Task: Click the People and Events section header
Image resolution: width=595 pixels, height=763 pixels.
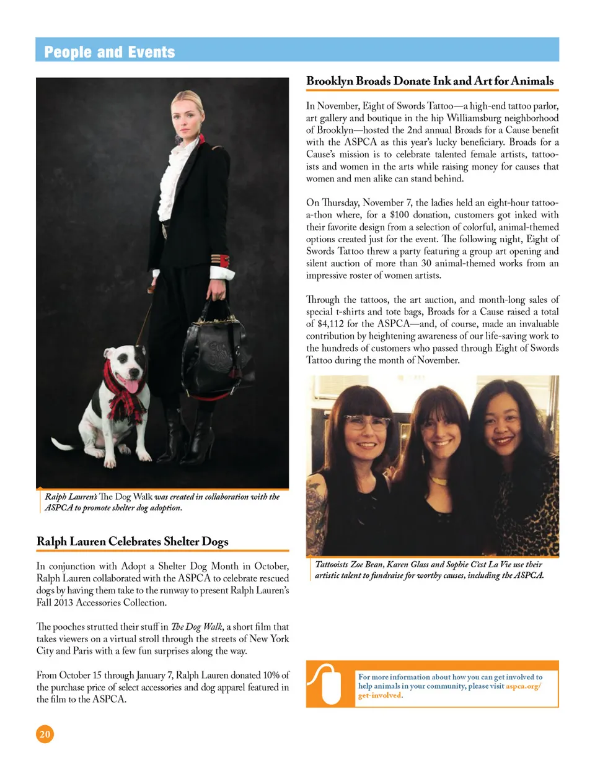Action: [109, 52]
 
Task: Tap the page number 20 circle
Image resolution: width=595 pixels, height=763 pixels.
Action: [45, 734]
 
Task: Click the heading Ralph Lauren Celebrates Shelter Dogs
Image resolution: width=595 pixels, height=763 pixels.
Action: [133, 542]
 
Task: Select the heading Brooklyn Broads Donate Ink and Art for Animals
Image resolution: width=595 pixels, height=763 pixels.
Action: [430, 81]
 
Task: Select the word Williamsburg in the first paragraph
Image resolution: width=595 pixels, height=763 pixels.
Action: [456, 118]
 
